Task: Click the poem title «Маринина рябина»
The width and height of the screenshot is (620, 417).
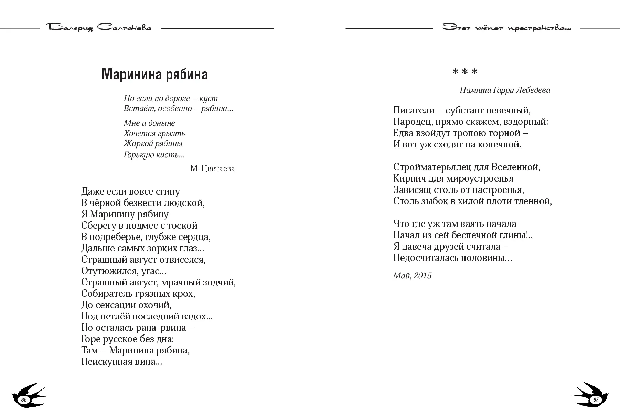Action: coord(154,74)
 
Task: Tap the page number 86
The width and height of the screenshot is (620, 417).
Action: coord(24,399)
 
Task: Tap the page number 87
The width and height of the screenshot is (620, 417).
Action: coord(596,400)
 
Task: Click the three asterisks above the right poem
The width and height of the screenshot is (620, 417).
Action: coord(464,72)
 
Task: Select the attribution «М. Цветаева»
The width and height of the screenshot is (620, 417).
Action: coord(212,168)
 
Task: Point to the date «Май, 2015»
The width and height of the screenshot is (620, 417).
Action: coord(412,276)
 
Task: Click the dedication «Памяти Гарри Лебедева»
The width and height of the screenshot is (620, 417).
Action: coord(505,90)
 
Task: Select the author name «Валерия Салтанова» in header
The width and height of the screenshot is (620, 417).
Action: coord(99,28)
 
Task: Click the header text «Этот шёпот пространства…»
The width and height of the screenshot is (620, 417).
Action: coord(506,28)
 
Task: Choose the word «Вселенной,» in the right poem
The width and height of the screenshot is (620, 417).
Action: coord(516,167)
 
